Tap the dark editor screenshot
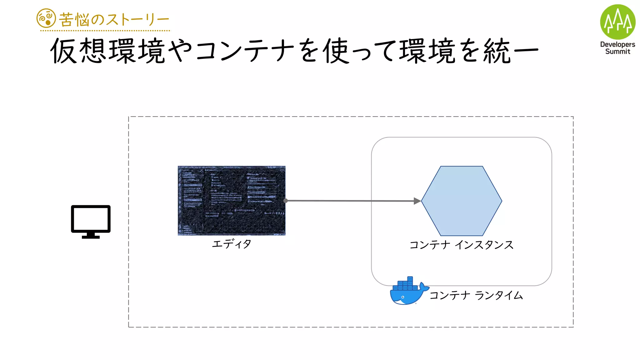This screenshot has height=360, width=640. click(232, 200)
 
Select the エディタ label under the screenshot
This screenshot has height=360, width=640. click(232, 244)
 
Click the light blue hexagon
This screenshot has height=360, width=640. click(462, 201)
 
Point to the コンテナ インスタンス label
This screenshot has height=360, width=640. click(461, 245)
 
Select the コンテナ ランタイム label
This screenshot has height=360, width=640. click(476, 295)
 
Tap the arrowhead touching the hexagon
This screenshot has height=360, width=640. click(417, 201)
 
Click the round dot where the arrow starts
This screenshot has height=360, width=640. click(285, 201)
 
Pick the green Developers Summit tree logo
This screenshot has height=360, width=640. click(617, 22)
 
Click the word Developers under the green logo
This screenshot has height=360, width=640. click(617, 44)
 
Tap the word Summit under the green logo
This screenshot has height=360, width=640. click(617, 52)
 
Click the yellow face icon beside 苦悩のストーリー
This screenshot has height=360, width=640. click(46, 18)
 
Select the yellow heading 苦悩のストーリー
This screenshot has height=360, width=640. click(114, 20)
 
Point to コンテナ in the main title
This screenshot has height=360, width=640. click(245, 51)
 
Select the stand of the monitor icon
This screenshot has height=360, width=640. click(91, 236)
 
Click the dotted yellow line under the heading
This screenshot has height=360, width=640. click(105, 31)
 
